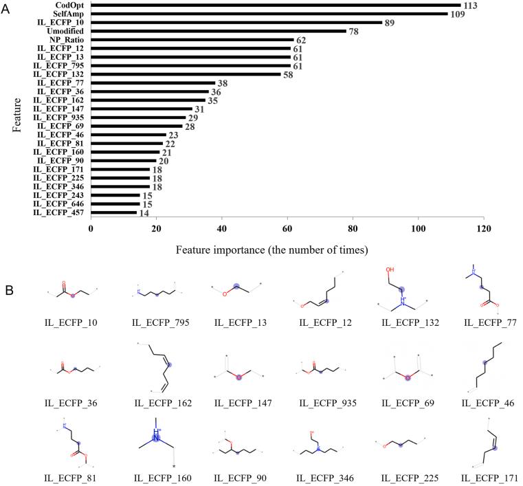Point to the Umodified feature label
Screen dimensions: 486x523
coord(67,32)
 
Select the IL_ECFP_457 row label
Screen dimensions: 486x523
coord(61,212)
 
